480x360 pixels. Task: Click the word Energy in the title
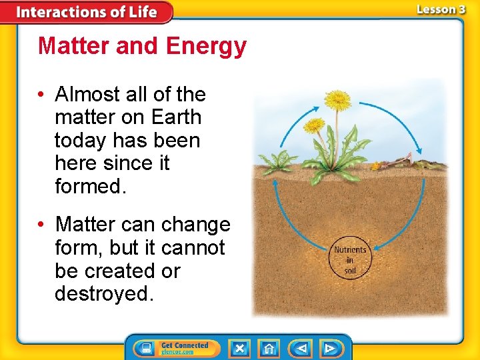point(206,47)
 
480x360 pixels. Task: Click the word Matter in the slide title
point(70,47)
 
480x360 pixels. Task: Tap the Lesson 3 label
point(441,10)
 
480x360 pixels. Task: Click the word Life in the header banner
point(141,12)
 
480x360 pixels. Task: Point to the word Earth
point(175,117)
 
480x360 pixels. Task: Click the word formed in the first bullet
point(89,187)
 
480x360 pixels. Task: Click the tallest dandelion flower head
point(338,101)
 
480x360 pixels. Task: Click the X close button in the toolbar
point(239,349)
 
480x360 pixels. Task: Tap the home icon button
point(269,349)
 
